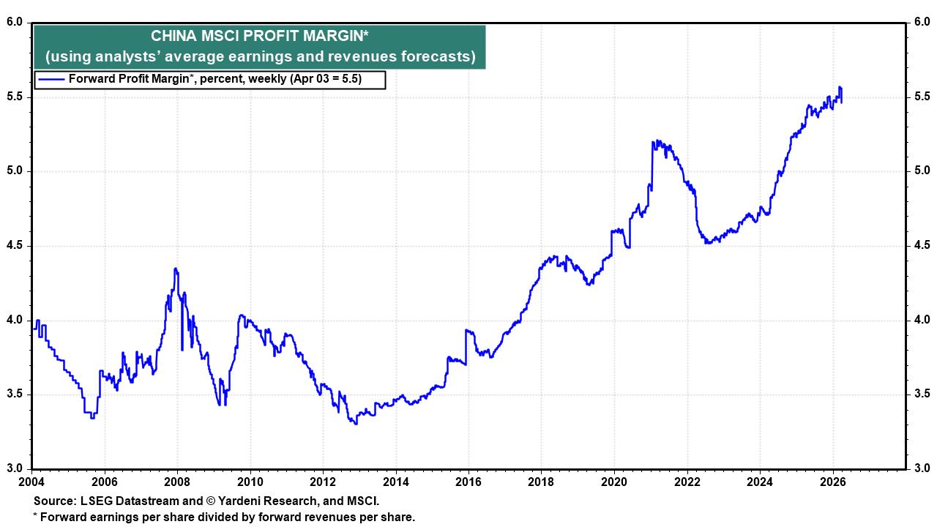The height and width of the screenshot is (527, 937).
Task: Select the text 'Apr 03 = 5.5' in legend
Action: click(329, 79)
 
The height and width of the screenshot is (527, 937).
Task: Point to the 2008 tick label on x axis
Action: click(177, 482)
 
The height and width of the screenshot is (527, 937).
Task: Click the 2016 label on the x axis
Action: click(468, 482)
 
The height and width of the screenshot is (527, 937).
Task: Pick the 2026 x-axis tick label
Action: click(833, 482)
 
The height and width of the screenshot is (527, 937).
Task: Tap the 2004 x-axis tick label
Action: click(31, 482)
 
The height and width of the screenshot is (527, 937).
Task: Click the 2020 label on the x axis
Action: click(614, 482)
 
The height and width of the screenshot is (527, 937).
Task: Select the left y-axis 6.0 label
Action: click(16, 23)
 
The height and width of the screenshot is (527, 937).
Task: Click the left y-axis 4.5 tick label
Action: click(16, 246)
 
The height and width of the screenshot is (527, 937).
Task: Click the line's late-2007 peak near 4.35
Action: click(176, 269)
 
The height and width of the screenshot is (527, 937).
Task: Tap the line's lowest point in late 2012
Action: click(356, 424)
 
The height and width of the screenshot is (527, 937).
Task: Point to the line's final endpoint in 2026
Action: click(841, 102)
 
